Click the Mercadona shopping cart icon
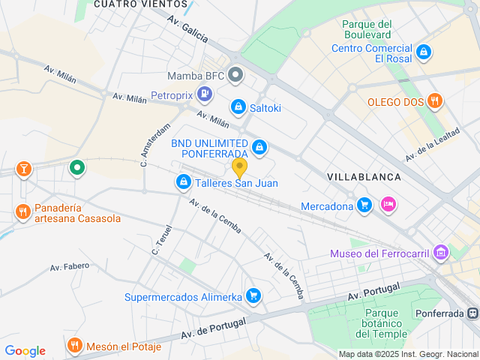[364, 205]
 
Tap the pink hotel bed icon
[388, 204]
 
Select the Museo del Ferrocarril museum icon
[442, 253]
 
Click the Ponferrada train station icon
[472, 313]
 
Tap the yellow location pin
[239, 166]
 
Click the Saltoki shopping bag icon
[238, 107]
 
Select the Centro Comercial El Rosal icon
[424, 52]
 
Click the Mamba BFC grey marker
[235, 75]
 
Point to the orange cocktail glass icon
[24, 169]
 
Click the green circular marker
[76, 167]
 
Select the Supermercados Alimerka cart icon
[253, 296]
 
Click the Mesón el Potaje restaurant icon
[74, 346]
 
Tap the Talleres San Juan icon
[183, 182]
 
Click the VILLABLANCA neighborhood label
[364, 176]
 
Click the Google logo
[25, 351]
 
